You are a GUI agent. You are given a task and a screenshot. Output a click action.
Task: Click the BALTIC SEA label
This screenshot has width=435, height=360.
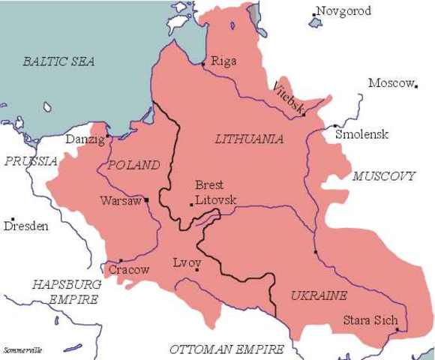[x=58, y=61]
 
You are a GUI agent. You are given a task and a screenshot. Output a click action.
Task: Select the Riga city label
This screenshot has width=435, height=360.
[x=223, y=61]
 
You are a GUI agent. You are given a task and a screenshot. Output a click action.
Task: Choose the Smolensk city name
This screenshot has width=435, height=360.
[x=362, y=134]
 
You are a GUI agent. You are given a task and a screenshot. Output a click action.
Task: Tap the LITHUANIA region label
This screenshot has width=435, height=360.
[x=249, y=139]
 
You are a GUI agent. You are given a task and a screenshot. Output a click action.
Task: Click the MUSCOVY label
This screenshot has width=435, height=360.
[x=383, y=176]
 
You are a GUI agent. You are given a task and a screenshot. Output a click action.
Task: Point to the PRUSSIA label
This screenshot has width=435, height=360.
[x=30, y=161]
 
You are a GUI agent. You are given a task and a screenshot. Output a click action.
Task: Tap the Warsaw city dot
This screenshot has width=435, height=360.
[x=147, y=199]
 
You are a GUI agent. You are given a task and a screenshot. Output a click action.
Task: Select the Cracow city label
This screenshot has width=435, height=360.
[x=129, y=269]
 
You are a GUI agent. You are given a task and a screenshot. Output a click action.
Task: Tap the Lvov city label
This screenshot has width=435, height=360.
[x=187, y=263]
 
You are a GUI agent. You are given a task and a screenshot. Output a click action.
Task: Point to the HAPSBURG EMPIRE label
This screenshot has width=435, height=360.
[x=64, y=291]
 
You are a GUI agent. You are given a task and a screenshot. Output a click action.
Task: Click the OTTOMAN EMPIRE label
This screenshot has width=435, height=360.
[x=226, y=349]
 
